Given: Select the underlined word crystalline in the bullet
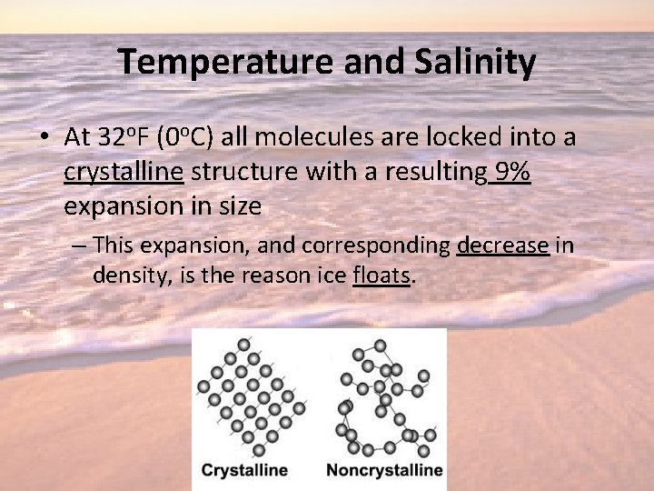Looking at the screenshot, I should point(124,172).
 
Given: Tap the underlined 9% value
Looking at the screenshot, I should point(509,172).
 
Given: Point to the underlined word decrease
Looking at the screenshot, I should point(502,245).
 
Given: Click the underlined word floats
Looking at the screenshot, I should point(381,276).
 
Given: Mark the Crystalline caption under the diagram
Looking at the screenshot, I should point(244,470).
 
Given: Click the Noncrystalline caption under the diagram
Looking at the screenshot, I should point(384,470).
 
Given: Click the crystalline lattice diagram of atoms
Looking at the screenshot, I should point(251,397).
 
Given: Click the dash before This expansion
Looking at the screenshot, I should point(79,245).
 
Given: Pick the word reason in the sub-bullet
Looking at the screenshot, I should point(274,276).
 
